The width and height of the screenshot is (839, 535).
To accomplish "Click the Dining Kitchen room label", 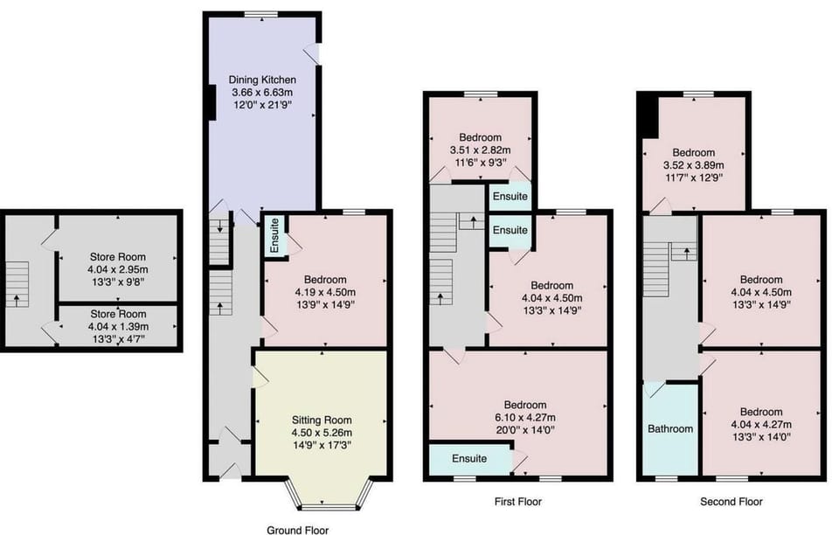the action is coord(262,80).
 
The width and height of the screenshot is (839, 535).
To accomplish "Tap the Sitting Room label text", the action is coord(322,420).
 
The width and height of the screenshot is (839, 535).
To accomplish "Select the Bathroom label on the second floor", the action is coord(670,428).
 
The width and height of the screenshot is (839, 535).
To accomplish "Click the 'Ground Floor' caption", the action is coord(297,530).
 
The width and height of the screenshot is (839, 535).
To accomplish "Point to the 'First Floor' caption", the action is coord(518,502).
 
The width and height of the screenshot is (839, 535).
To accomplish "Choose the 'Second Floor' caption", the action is coord(732,502).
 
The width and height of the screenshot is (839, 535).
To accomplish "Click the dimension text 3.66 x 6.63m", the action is coord(262,93).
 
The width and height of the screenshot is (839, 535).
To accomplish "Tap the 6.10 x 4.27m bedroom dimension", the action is coord(525,417).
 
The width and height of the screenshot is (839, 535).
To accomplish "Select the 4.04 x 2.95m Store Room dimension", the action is coord(118,269).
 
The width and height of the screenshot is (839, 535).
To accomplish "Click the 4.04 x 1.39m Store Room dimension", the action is coord(118,326).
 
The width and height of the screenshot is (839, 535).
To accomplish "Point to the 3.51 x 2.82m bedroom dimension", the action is coord(480,149).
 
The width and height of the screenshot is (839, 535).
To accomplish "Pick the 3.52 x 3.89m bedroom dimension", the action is coord(693,164).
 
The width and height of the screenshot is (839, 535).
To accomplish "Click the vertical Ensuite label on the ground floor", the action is coord(275,236).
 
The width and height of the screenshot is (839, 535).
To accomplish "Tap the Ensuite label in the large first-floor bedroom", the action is coord(469,458).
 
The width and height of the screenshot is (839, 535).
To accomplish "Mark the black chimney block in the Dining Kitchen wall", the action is coord(211,102).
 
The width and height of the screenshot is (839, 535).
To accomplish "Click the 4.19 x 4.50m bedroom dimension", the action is coord(325,292).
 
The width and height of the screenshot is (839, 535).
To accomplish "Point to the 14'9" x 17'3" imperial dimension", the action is coord(322,445).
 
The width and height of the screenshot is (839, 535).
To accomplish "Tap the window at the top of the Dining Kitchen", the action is coord(262,14).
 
